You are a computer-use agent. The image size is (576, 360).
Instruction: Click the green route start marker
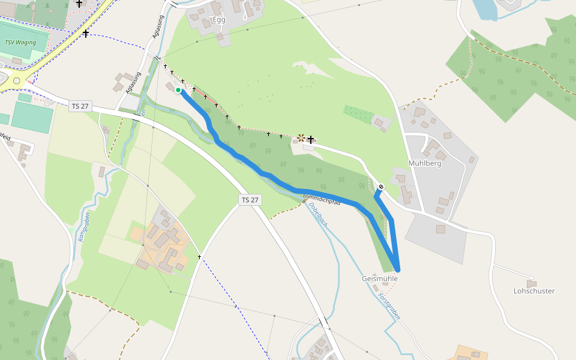tap(178, 91)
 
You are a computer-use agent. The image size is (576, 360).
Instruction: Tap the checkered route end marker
tap(380, 187)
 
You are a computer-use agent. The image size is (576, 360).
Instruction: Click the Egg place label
tap(219, 20)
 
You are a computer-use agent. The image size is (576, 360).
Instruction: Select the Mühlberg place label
tap(425, 163)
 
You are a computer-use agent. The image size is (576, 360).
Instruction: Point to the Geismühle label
tap(380, 279)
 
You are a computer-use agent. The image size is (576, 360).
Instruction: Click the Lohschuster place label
tap(534, 291)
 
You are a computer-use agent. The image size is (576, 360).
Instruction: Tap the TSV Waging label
tap(20, 43)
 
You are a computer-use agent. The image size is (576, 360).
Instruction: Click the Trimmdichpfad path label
tap(322, 200)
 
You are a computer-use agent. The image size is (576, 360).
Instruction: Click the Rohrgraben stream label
tap(83, 227)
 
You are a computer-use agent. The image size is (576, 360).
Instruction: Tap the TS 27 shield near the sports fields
tap(80, 106)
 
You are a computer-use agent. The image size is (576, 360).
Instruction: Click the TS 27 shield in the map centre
tap(251, 200)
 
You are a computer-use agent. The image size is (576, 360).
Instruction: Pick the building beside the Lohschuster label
tap(531, 283)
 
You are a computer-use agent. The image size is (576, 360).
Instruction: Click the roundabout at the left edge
tap(16, 81)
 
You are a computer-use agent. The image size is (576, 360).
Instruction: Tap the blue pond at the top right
tap(487, 9)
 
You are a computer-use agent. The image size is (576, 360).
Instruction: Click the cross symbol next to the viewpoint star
tap(311, 139)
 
